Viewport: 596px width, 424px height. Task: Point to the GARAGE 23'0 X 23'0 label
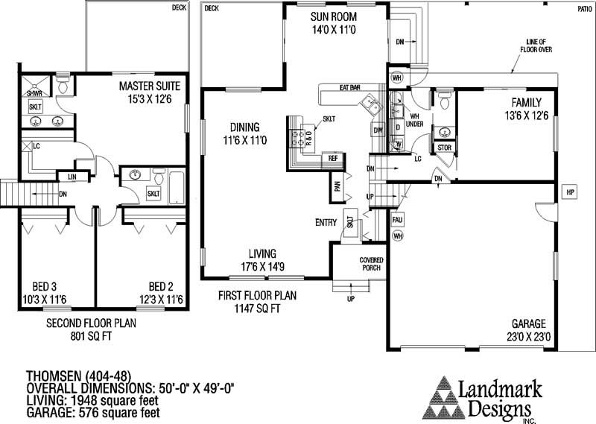(528, 330)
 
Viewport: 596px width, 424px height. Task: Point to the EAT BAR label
(350, 88)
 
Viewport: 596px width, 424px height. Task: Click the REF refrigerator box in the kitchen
(332, 159)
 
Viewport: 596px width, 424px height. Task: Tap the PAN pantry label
(337, 187)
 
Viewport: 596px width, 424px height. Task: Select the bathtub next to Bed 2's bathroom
(179, 183)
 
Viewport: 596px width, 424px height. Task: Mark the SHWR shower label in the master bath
(34, 94)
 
